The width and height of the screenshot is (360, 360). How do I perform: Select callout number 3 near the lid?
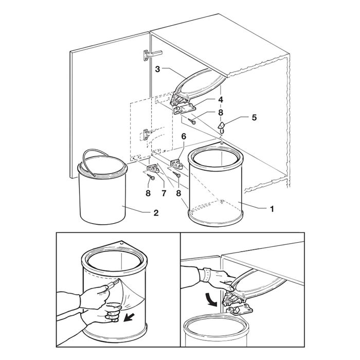(159, 68)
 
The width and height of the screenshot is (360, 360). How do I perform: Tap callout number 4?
(220, 99)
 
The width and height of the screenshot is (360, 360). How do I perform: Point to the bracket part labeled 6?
(176, 163)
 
